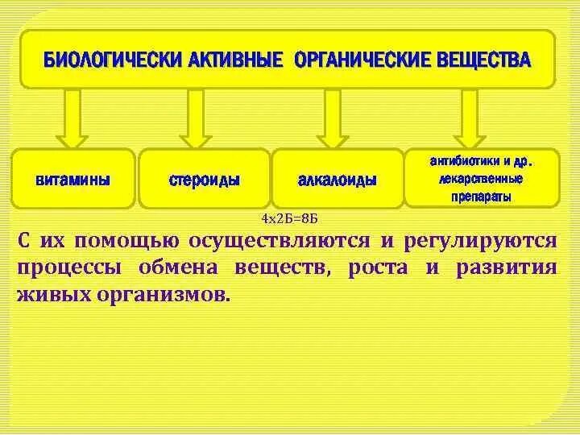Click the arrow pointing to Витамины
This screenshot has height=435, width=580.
pos(72,117)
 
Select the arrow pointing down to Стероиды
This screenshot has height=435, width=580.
pos(196,117)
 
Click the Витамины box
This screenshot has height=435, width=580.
pos(73,179)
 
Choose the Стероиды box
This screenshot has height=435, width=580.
pos(204,179)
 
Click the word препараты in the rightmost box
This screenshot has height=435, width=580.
pos(481,196)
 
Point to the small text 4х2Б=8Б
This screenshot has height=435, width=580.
pos(290,219)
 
